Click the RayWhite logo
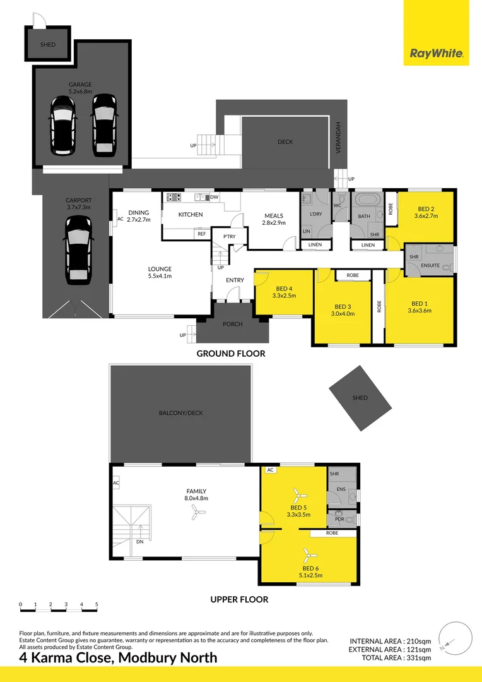(437, 54)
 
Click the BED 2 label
(426, 209)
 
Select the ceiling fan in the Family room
(198, 515)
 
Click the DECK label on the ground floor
(285, 141)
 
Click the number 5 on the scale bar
(97, 604)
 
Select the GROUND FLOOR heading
(231, 354)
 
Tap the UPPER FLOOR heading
(239, 599)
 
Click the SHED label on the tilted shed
(360, 398)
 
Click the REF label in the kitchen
(201, 234)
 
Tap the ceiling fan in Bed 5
(297, 493)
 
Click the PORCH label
(233, 325)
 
